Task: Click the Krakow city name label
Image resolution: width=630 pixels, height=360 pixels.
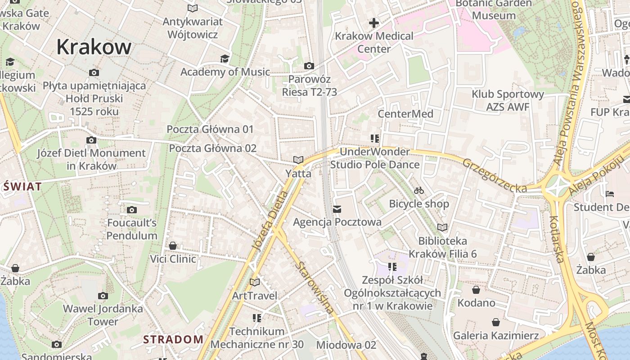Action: point(94,47)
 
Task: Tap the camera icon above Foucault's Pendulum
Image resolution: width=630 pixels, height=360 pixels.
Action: point(132,210)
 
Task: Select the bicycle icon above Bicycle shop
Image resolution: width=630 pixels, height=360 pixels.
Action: point(419,190)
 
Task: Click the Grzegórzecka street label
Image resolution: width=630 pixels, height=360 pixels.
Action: point(494,175)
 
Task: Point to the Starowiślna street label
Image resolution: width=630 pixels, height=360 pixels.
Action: point(315,287)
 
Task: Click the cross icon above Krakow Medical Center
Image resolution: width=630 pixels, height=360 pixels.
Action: point(374,22)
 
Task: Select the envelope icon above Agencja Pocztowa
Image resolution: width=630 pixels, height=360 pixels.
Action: point(337,209)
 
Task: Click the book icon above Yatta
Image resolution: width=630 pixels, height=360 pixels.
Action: point(298,160)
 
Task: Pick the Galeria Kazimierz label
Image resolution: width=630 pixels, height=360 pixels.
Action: point(495,335)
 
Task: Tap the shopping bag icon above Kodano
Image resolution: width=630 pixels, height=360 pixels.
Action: point(476,290)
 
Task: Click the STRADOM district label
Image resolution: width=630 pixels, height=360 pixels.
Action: point(173,339)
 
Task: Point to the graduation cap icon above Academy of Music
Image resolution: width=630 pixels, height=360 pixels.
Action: point(225,59)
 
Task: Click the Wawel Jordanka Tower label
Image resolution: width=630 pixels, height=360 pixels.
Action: point(103,315)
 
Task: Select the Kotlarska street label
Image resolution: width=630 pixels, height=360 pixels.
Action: point(557,238)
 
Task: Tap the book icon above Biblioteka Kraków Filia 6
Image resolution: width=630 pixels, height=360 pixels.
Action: point(442,228)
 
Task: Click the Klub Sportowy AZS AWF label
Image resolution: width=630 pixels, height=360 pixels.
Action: point(508,100)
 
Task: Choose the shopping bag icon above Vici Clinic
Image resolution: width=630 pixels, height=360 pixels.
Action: point(173,246)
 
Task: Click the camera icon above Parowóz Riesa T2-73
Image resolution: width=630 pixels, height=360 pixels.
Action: point(309,66)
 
